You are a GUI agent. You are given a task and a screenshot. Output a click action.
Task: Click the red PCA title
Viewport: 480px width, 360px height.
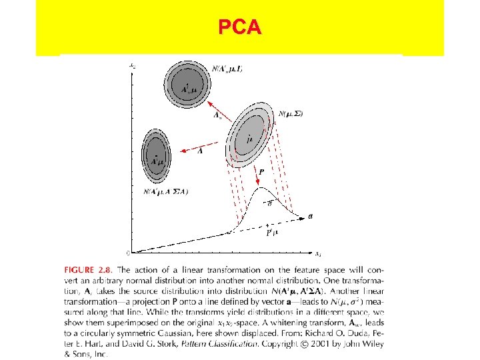(x=240, y=28)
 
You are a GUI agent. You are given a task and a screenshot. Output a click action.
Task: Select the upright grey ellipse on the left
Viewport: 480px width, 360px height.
(x=156, y=155)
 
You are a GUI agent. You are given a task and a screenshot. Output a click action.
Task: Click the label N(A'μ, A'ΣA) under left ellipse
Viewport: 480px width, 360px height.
(x=165, y=191)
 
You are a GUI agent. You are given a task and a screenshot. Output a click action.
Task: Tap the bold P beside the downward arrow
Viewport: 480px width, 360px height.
(x=261, y=171)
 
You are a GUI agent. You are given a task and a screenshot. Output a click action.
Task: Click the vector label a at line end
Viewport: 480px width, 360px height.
(x=311, y=215)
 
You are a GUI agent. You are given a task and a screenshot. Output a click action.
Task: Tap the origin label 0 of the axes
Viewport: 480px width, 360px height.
(x=127, y=253)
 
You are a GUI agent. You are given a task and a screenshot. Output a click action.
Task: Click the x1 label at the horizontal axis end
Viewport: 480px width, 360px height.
(x=319, y=253)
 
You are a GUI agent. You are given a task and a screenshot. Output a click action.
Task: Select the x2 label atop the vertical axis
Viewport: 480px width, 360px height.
(x=132, y=65)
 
